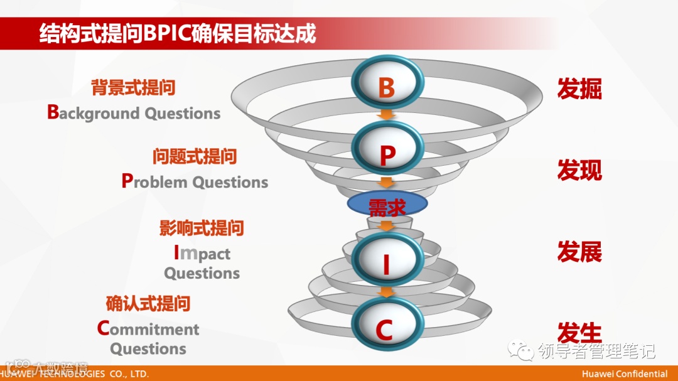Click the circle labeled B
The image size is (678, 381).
387,87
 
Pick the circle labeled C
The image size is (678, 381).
387,326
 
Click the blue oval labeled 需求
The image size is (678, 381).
387,205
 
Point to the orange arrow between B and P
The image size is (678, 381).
387,115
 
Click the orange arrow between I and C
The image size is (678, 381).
387,291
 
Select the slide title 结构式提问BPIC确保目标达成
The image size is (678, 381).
178,34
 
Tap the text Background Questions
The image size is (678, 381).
134,113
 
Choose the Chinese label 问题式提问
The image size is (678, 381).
195,156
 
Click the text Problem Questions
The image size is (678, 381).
195,182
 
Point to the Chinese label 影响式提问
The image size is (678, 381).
202,227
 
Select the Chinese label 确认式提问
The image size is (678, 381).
148,304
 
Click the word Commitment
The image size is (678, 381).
148,329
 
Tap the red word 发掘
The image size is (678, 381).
579,89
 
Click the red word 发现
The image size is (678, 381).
579,170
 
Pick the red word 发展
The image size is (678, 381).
579,252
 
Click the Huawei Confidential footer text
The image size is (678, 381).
625,374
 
